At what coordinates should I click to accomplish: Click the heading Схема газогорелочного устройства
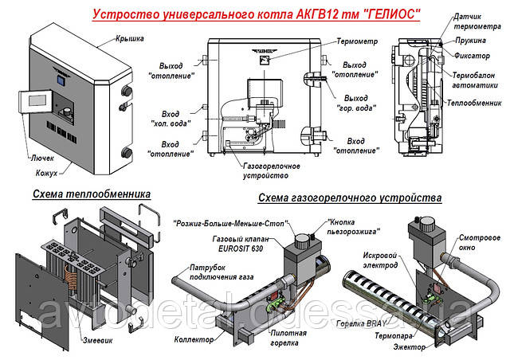(x=348, y=196)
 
